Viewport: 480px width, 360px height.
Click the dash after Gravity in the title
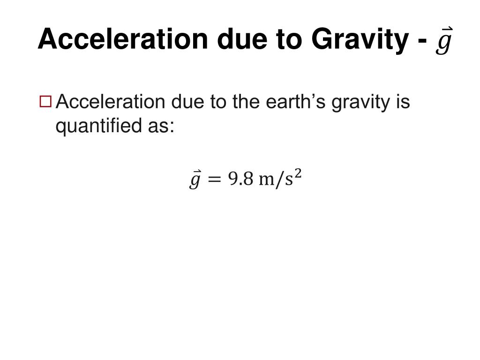[x=421, y=41]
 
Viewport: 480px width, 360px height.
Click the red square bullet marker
[x=45, y=101]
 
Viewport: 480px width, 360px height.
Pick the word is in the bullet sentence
[x=402, y=101]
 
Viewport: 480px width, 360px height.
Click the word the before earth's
[x=246, y=101]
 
